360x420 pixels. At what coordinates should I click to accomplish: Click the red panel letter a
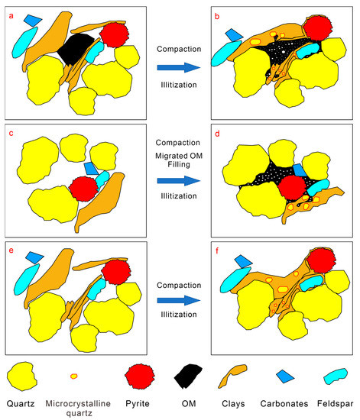(11, 16)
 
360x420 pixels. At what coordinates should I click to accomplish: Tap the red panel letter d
(217, 134)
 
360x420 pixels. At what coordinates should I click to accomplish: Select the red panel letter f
(217, 251)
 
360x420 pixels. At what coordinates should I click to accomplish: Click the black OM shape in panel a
(76, 48)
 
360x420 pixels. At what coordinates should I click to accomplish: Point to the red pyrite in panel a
(114, 35)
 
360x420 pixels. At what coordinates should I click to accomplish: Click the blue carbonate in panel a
(33, 21)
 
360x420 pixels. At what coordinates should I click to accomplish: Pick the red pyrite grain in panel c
(84, 189)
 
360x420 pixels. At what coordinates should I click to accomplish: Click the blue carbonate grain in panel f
(243, 261)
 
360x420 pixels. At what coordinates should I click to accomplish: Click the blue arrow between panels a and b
(179, 67)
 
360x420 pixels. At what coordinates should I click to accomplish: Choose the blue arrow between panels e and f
(179, 300)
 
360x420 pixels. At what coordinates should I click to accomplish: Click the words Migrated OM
(179, 156)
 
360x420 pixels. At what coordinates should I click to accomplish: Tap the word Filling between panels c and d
(179, 164)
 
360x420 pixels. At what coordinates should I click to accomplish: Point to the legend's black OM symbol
(188, 376)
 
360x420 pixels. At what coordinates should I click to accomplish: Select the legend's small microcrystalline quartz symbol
(73, 376)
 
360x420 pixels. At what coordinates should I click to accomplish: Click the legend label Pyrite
(138, 404)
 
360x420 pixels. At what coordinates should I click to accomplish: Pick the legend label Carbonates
(284, 404)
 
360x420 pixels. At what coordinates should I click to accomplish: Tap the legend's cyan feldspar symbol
(336, 376)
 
